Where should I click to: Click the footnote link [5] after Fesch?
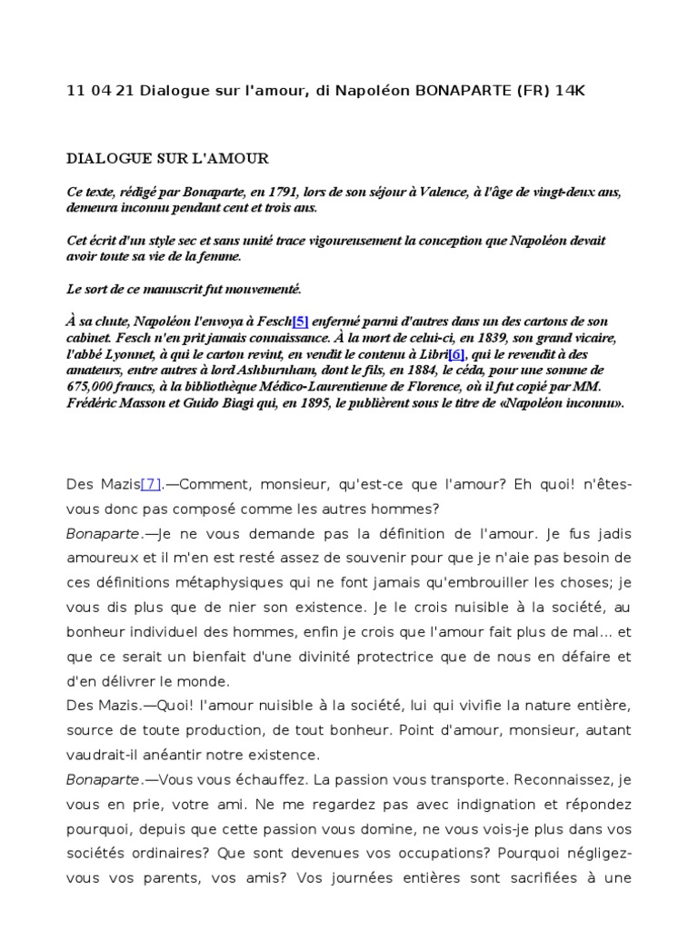point(301,322)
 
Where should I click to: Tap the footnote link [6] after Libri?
point(456,354)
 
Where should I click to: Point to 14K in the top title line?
point(586,92)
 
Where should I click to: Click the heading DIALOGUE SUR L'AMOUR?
point(168,158)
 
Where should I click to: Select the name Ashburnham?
point(314,371)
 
